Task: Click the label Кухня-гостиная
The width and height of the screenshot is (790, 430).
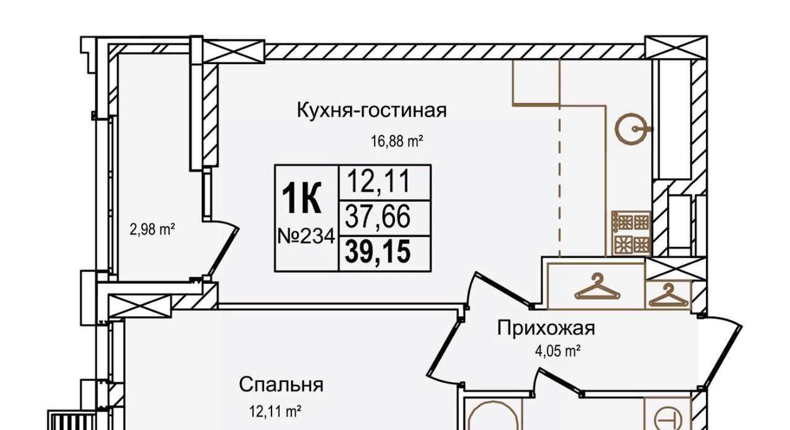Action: pos(372,110)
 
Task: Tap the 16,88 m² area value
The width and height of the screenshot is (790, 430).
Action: pos(396,141)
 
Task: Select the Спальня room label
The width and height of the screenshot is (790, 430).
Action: pos(281,385)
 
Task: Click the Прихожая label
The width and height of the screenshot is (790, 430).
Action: pos(546,328)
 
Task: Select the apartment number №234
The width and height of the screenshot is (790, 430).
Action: pos(305,236)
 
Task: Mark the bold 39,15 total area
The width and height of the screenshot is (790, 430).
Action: pos(378,252)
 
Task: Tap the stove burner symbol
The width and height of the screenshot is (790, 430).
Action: pos(631,233)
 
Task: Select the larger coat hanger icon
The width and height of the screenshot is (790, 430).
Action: pos(596,287)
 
